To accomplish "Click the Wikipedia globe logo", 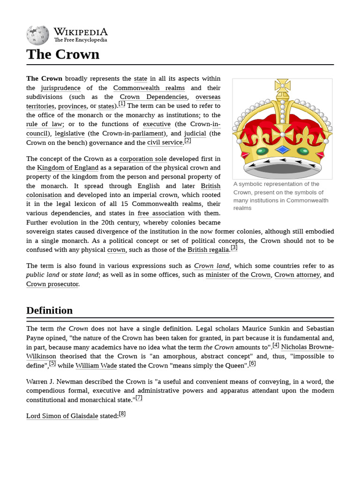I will tap(37, 35).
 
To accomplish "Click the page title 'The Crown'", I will tap(63, 54).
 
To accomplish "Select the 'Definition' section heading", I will tap(49, 310).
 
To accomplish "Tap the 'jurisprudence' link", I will tap(60, 88).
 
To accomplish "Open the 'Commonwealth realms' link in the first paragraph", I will tap(149, 88).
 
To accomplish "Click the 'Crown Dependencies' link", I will tap(153, 97).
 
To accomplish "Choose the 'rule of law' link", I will tap(44, 124).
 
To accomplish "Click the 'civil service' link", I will tap(165, 142).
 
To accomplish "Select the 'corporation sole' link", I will tap(143, 159).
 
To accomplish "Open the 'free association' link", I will tap(161, 213).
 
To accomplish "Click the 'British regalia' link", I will tap(209, 250).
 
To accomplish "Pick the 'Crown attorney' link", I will tap(297, 275).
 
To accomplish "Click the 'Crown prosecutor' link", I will tap(52, 284).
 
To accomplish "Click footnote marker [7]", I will tap(139, 398).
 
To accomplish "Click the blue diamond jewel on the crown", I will tap(282, 150).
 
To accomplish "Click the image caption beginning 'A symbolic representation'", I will tap(280, 196).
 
